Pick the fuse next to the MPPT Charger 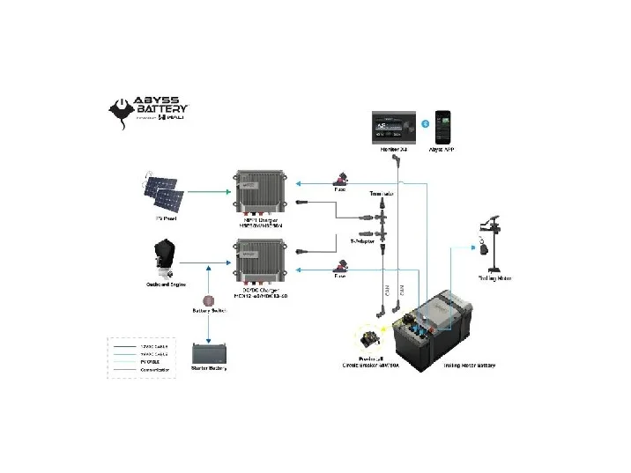(338, 177)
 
